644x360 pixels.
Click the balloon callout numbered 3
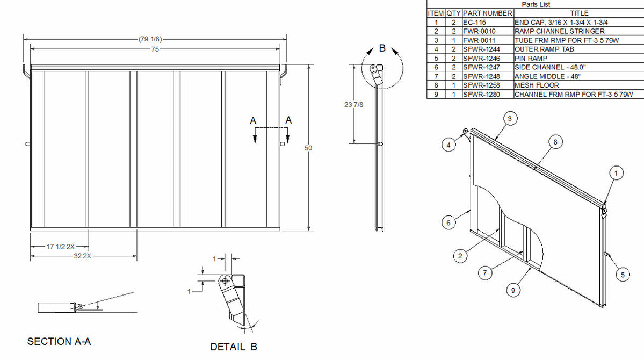(x=512, y=118)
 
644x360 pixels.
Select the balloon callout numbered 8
(x=555, y=142)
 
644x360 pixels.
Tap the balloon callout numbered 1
(x=617, y=172)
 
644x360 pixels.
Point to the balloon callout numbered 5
(x=622, y=275)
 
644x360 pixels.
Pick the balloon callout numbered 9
(x=513, y=290)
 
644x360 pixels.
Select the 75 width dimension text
(x=155, y=48)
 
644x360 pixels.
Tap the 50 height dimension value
(x=309, y=148)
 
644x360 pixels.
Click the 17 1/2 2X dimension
(x=60, y=247)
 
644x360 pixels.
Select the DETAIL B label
(x=234, y=347)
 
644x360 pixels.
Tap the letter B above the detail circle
(x=382, y=48)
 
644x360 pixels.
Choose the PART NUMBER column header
(x=487, y=13)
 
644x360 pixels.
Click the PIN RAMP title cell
(x=531, y=57)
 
